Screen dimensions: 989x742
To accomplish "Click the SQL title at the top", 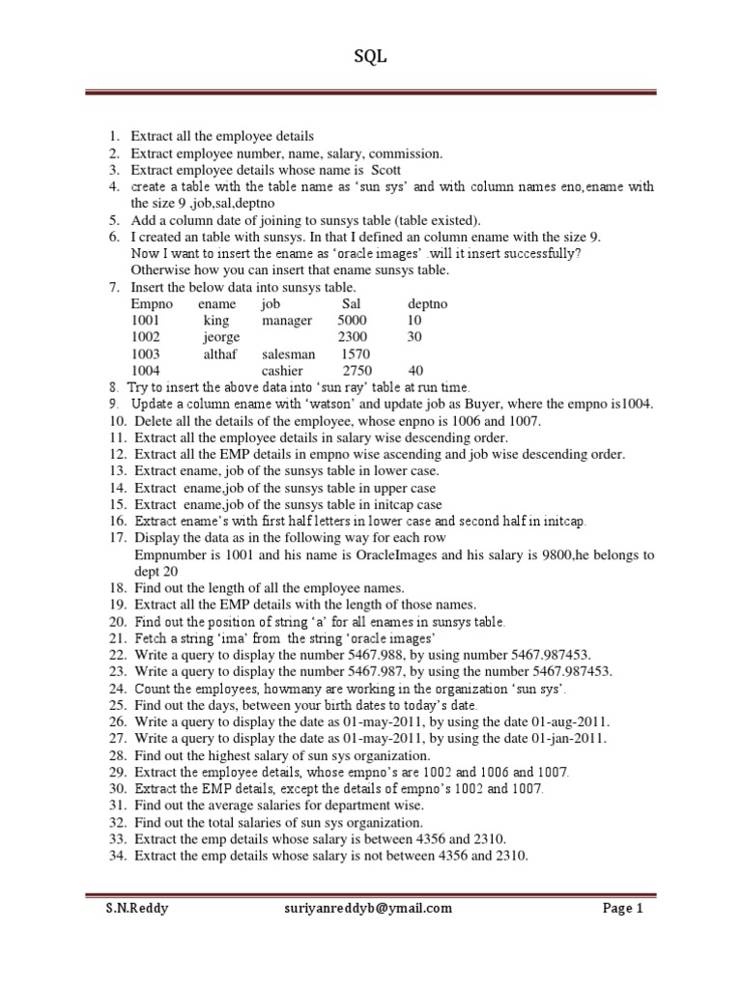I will click(371, 57).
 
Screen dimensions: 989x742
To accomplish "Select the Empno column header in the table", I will click(152, 304).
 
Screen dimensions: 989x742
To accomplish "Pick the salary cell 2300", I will click(353, 337).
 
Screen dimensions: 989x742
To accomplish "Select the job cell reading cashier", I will click(282, 370).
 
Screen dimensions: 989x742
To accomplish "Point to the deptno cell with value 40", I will click(415, 370).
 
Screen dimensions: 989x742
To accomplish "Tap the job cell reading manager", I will click(287, 321).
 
